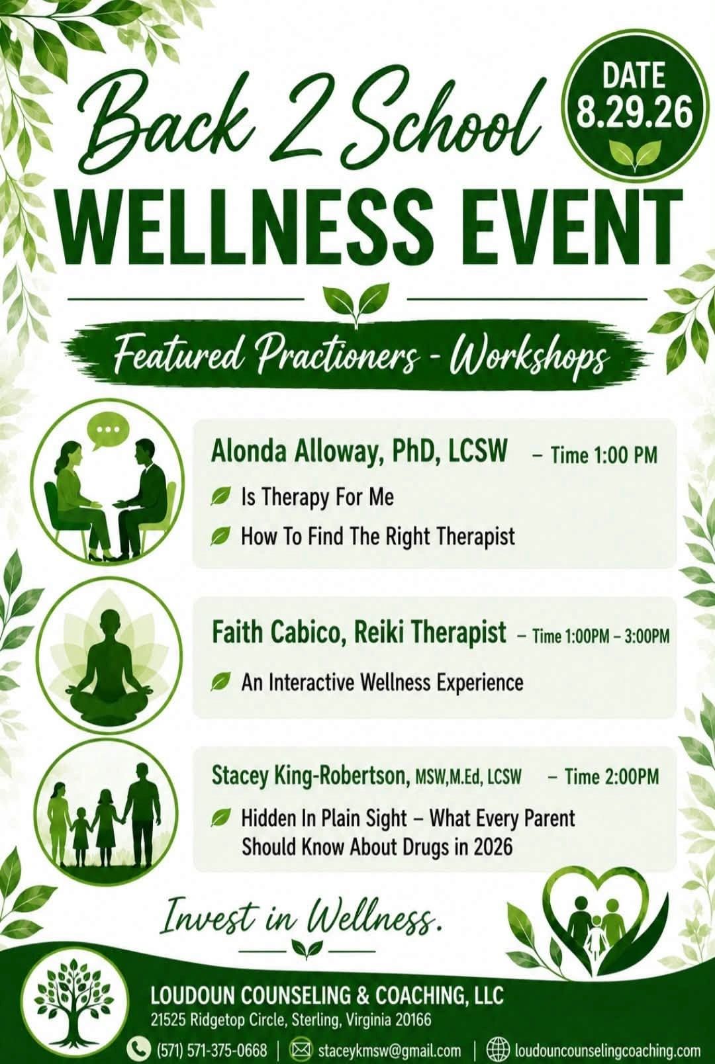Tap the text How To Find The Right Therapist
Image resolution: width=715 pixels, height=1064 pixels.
pyautogui.click(x=378, y=536)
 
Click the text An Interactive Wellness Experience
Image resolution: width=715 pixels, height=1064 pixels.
pyautogui.click(x=382, y=683)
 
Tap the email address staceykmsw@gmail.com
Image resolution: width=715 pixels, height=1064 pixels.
pyautogui.click(x=389, y=1049)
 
